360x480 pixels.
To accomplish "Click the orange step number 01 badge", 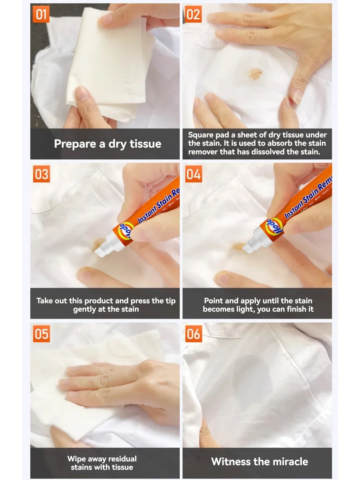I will click(x=41, y=15).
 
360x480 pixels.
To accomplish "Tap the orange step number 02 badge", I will click(x=193, y=15).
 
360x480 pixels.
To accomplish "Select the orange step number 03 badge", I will click(x=41, y=174).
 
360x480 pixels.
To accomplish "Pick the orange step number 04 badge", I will click(x=193, y=174).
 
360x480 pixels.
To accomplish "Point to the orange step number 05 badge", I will click(x=41, y=334).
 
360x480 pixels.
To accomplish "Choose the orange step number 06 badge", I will click(x=193, y=334).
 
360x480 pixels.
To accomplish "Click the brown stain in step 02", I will click(x=255, y=73).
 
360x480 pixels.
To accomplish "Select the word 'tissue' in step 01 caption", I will click(x=145, y=144).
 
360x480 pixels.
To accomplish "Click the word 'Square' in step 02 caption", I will click(x=201, y=135).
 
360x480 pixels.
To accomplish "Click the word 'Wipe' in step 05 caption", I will click(x=76, y=459).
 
